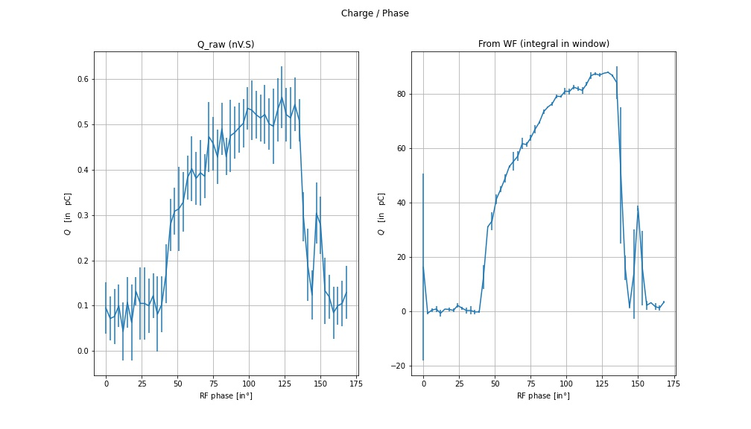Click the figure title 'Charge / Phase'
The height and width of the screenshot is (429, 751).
click(x=375, y=13)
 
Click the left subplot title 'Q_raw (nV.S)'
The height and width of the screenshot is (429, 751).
click(x=225, y=45)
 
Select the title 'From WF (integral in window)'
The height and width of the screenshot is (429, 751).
click(x=543, y=45)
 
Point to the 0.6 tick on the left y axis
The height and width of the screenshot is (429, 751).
click(x=83, y=80)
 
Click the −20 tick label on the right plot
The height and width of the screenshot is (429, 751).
click(x=399, y=366)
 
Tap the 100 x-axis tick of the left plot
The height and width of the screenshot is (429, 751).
click(x=249, y=384)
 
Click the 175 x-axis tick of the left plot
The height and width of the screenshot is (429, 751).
click(x=355, y=384)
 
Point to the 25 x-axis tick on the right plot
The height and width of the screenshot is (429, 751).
click(x=459, y=384)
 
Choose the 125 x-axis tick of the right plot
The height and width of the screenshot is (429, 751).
click(x=602, y=384)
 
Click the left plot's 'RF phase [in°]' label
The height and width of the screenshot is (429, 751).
click(x=226, y=395)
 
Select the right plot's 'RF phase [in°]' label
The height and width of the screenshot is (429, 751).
click(x=543, y=395)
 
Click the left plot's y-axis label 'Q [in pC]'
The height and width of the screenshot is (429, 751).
click(x=68, y=214)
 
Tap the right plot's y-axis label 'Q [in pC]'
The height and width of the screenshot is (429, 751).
click(x=381, y=214)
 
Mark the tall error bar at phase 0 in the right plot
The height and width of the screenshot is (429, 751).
click(x=423, y=223)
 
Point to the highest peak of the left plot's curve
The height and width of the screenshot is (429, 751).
click(x=282, y=98)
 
